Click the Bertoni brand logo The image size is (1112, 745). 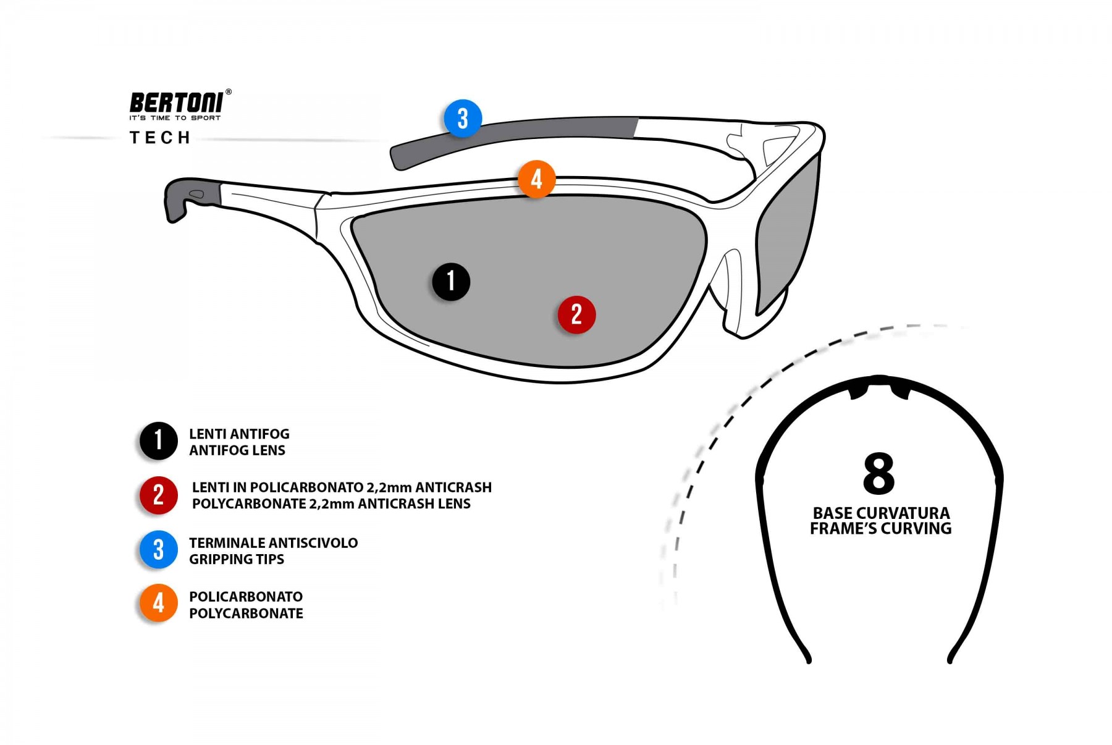(177, 102)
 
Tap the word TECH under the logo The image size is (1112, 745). (160, 138)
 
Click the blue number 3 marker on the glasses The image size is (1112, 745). (463, 118)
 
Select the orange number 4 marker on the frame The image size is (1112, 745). (536, 179)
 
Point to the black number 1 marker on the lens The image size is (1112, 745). (451, 282)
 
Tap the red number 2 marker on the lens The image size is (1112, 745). (576, 314)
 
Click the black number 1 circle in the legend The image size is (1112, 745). (158, 441)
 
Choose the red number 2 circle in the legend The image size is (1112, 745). (158, 495)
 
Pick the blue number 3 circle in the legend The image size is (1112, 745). (158, 550)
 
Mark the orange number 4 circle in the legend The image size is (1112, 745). (158, 604)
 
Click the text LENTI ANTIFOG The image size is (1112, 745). (239, 434)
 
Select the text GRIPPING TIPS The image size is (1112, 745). (237, 559)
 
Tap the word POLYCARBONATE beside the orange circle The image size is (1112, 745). (246, 613)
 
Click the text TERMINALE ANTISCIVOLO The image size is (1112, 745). (273, 543)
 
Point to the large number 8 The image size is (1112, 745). (878, 474)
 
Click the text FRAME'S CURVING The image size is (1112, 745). (880, 529)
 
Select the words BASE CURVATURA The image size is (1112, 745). (881, 513)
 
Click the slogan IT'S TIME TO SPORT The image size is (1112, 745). (175, 118)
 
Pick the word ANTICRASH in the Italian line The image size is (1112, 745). (453, 487)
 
